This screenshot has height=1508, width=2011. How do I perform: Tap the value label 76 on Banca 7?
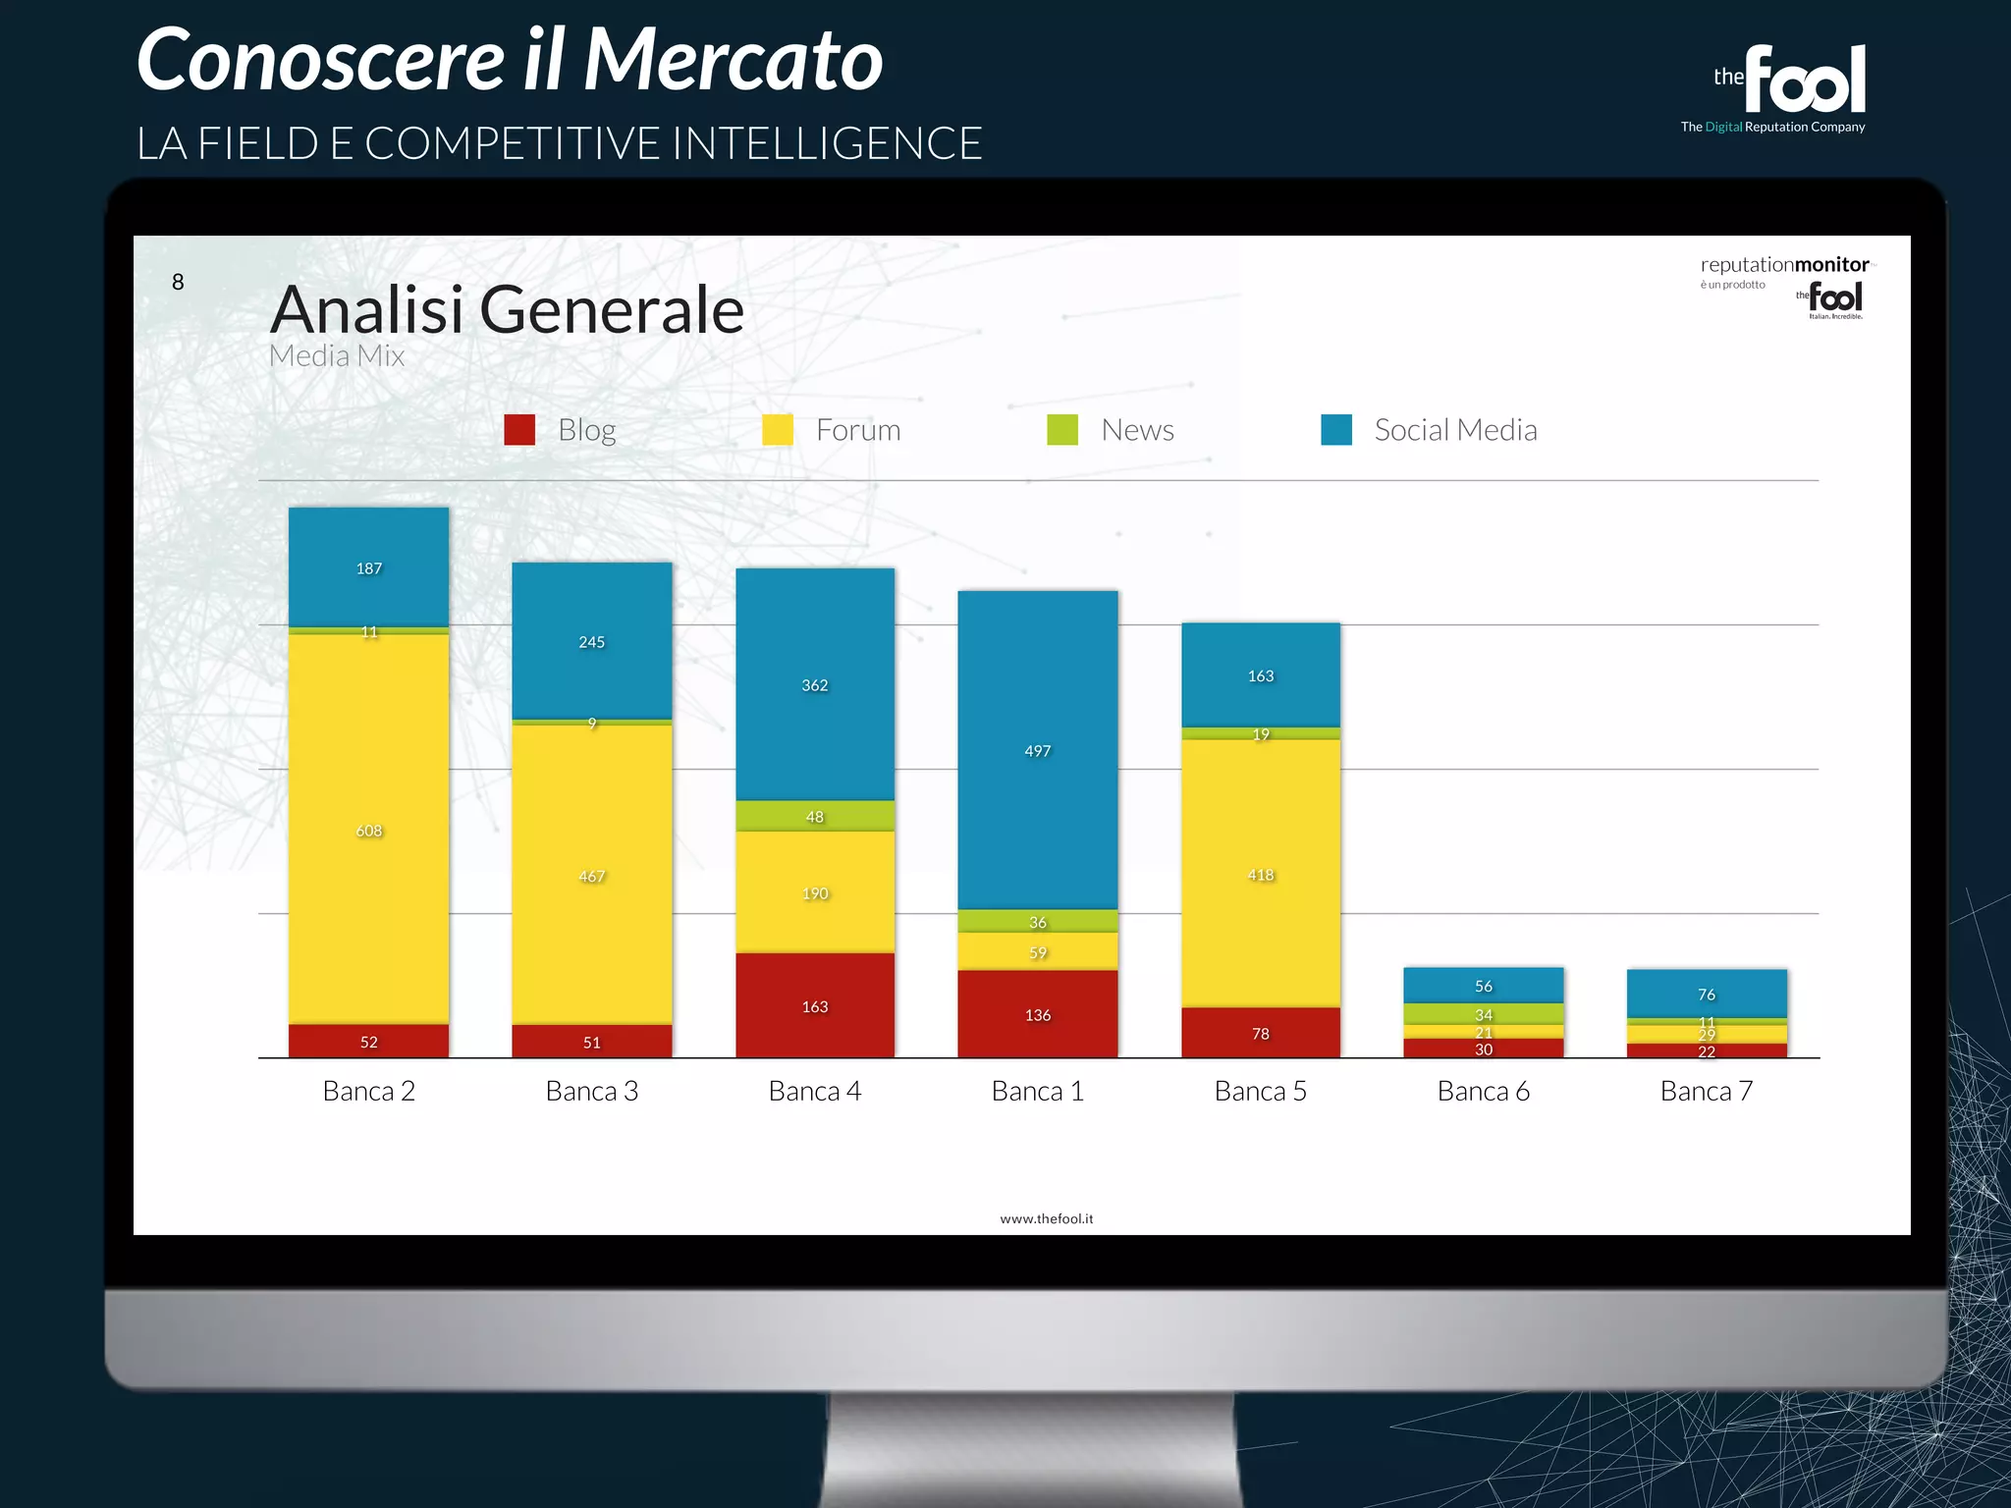tap(1707, 995)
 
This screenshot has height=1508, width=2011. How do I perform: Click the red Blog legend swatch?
tap(519, 430)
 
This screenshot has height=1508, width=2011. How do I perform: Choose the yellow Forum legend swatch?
tap(778, 430)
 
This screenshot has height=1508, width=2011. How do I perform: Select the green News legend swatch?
tap(1062, 430)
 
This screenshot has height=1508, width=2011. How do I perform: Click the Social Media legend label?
tap(1455, 430)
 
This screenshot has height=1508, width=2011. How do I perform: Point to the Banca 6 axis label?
tap(1483, 1091)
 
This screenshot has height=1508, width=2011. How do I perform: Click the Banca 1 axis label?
tap(1037, 1091)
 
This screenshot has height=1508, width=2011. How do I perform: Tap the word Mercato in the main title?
tap(734, 61)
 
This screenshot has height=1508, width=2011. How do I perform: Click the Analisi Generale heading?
tap(507, 309)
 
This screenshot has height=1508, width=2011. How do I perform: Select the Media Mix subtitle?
tap(337, 355)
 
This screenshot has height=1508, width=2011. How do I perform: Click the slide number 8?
tap(178, 283)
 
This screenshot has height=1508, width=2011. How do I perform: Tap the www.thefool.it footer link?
tap(1046, 1218)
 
